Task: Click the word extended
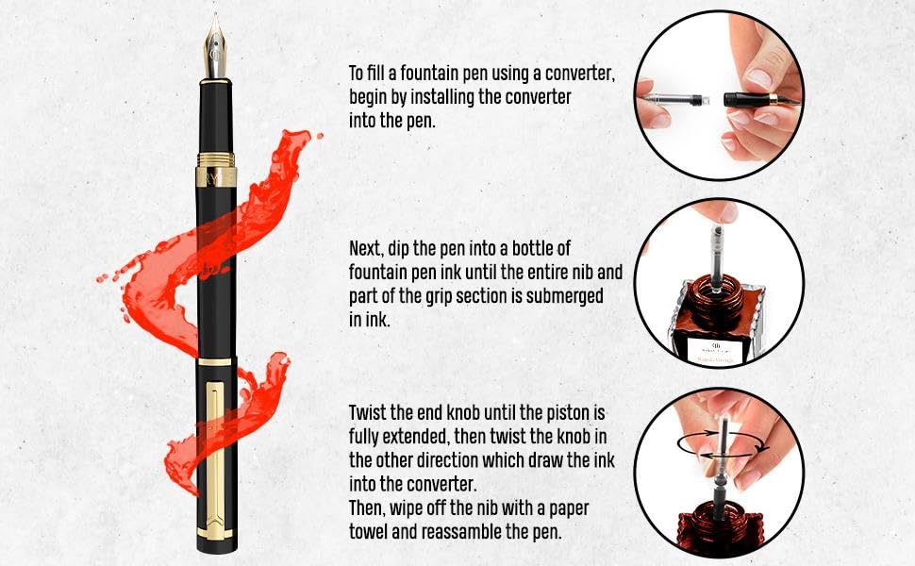[x=416, y=437]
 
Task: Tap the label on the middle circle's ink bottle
[x=717, y=349]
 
